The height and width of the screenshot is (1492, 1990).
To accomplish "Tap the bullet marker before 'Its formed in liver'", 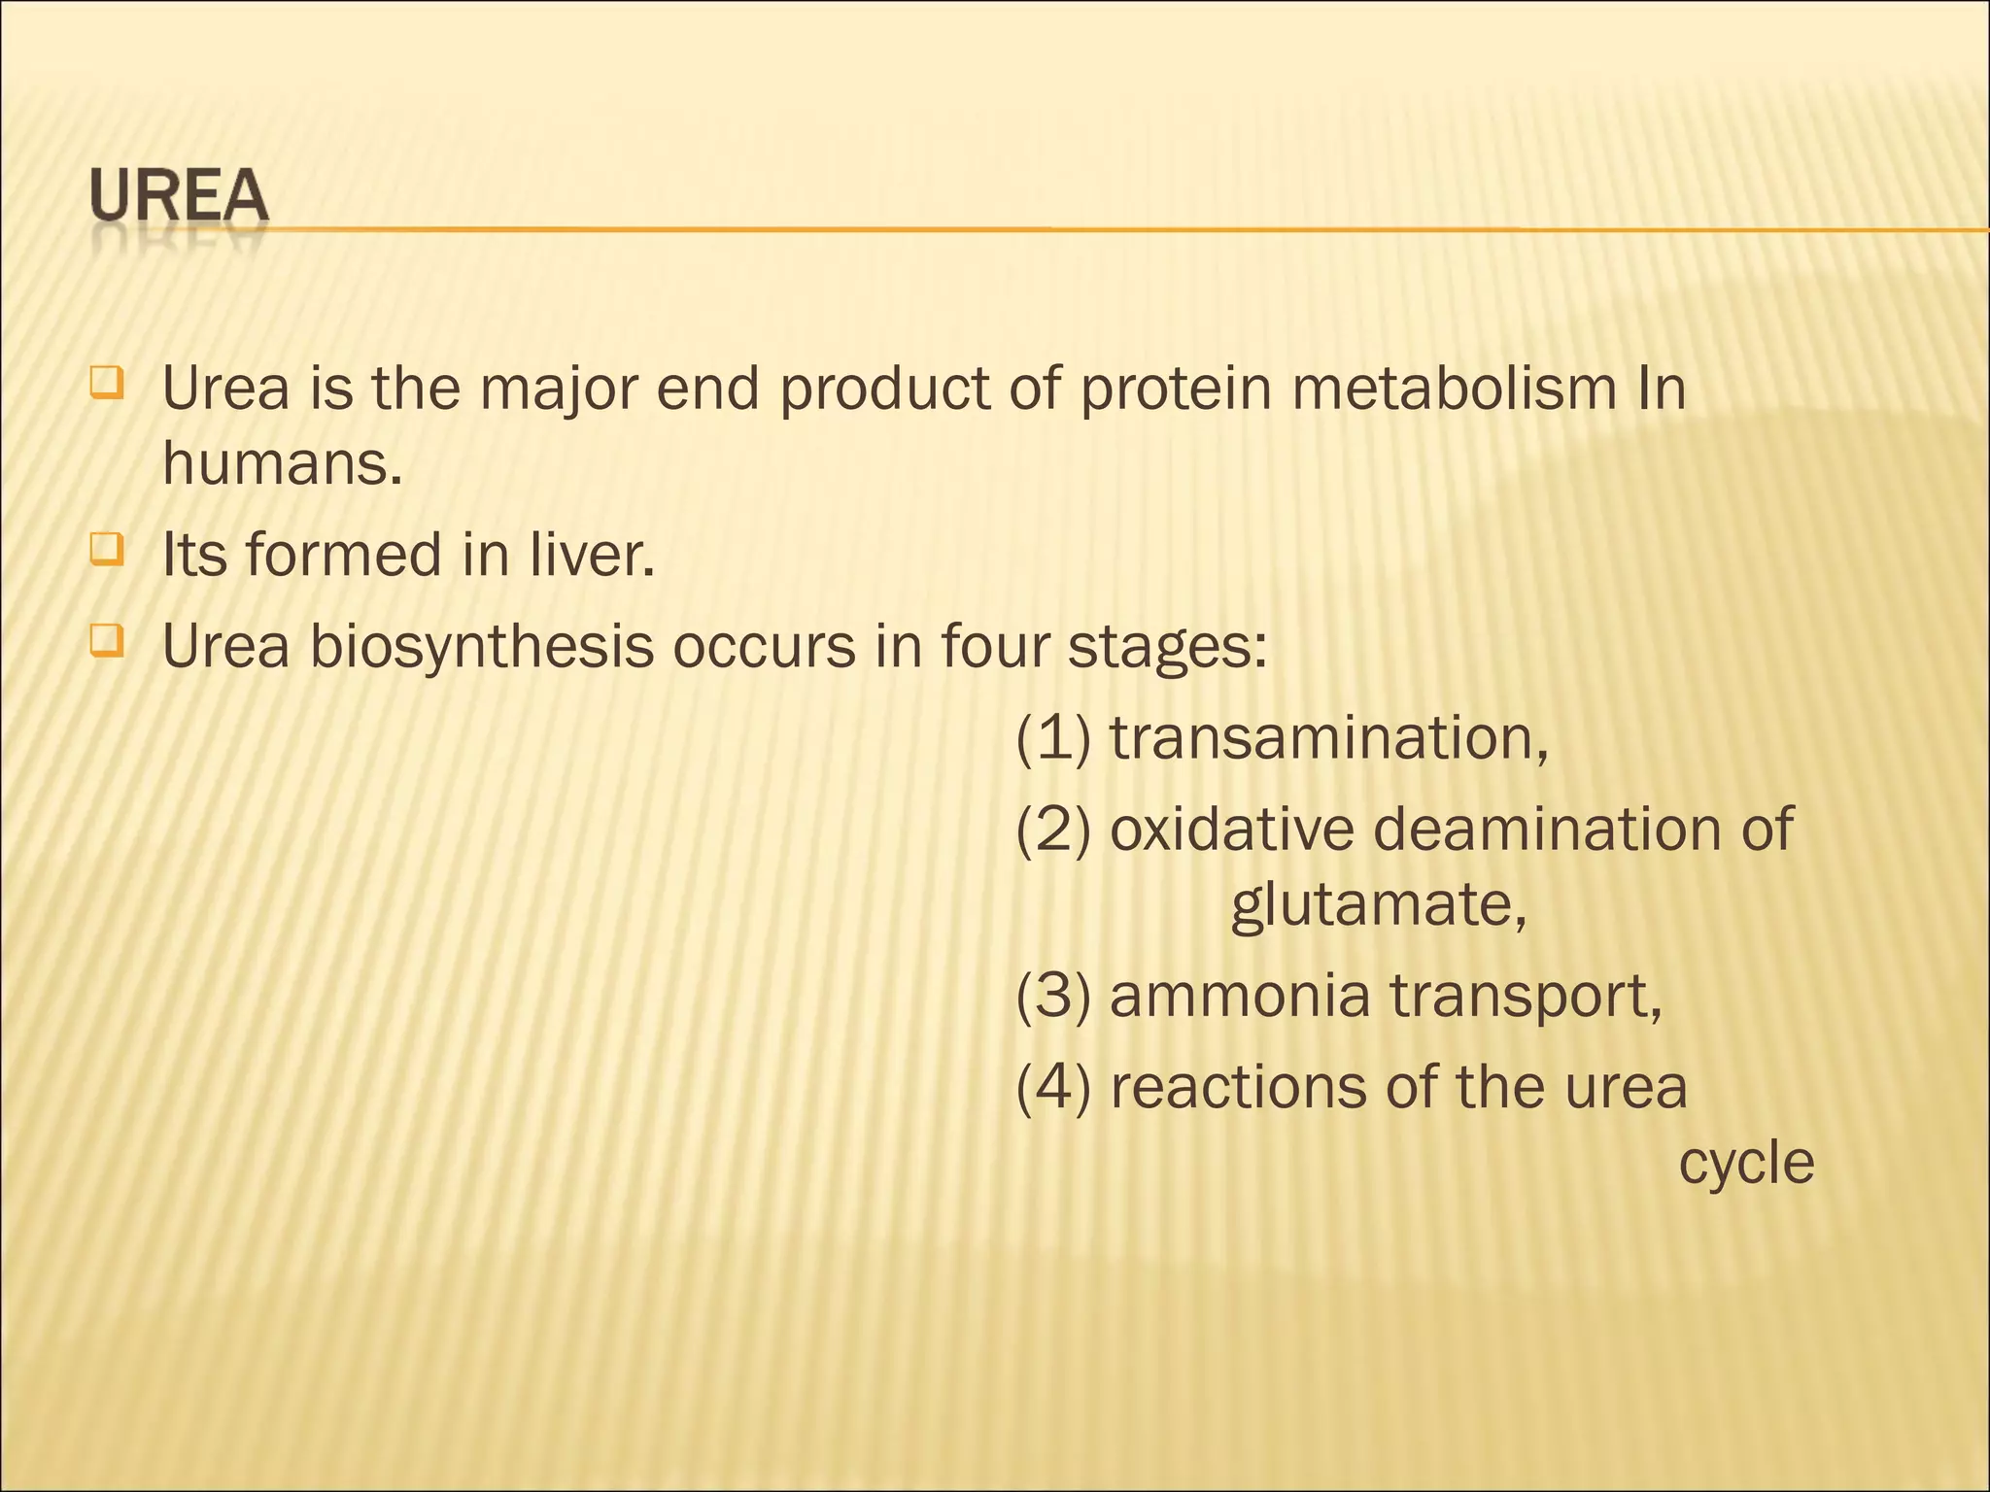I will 106,551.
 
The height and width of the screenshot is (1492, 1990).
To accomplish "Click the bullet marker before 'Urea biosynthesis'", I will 106,642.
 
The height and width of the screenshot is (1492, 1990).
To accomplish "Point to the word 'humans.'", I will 282,463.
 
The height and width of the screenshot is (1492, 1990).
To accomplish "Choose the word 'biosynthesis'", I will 482,647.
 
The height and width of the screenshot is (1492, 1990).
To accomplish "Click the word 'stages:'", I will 1167,647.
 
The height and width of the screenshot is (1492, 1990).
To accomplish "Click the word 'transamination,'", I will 1329,738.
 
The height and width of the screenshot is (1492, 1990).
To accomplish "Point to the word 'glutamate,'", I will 1379,905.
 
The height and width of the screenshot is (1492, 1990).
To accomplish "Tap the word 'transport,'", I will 1526,996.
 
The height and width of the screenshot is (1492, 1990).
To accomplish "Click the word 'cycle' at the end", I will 1746,1164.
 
